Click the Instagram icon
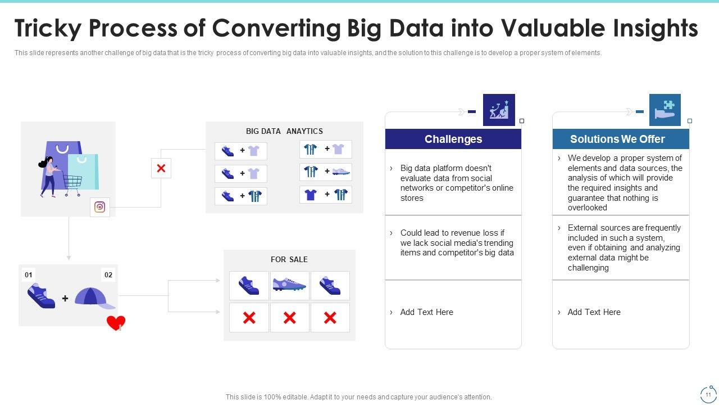click(100, 207)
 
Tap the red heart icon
click(116, 323)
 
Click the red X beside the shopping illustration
click(161, 168)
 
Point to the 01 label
click(28, 275)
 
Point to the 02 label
click(108, 275)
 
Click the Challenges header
click(453, 139)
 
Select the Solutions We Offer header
click(617, 139)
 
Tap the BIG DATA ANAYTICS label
click(284, 131)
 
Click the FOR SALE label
click(289, 259)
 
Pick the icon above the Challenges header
click(499, 109)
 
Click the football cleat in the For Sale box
click(289, 285)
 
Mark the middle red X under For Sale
click(289, 318)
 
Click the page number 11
click(708, 395)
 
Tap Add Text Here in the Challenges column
click(426, 312)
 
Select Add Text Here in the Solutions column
click(594, 312)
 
